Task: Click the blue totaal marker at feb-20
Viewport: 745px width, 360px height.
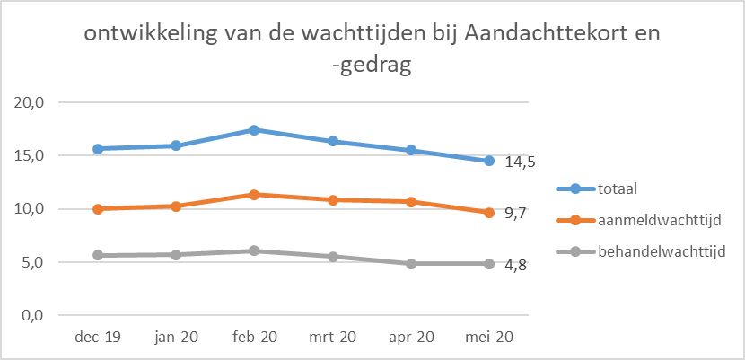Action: [x=254, y=130]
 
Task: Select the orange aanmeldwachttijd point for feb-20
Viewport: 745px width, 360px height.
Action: [x=254, y=194]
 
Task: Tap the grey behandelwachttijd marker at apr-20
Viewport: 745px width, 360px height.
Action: [x=410, y=264]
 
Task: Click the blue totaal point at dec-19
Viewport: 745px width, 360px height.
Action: [x=98, y=149]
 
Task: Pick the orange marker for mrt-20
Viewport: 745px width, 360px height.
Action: [x=332, y=199]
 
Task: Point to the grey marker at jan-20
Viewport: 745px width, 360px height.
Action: [x=176, y=255]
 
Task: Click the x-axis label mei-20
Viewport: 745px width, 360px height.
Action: [x=488, y=338]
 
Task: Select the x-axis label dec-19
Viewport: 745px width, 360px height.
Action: [x=98, y=338]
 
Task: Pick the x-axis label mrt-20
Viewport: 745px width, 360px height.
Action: [x=332, y=338]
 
